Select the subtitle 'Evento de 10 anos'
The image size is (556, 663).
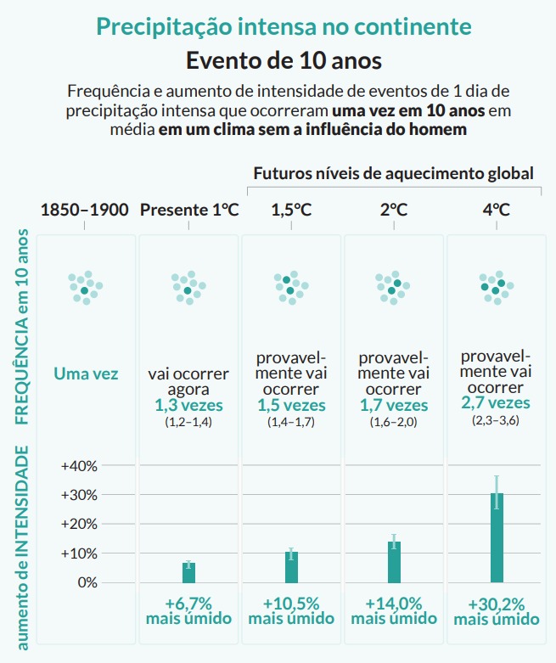(x=284, y=61)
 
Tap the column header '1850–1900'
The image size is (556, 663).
(x=84, y=210)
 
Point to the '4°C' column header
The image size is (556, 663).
(x=497, y=210)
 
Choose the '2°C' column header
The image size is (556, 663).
(x=394, y=210)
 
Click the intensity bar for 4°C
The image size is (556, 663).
(x=497, y=538)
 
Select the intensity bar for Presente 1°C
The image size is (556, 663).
(x=188, y=572)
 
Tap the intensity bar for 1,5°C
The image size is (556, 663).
(x=291, y=567)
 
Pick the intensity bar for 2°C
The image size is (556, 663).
(x=394, y=562)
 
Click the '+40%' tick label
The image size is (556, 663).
(x=79, y=466)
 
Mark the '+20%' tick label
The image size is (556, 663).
(x=79, y=525)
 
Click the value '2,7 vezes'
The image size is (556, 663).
(x=497, y=402)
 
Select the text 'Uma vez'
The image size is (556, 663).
(x=86, y=374)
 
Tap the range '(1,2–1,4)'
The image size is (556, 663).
(x=188, y=422)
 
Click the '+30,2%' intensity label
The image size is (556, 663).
(x=497, y=604)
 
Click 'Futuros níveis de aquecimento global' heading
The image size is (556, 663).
(x=394, y=173)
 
